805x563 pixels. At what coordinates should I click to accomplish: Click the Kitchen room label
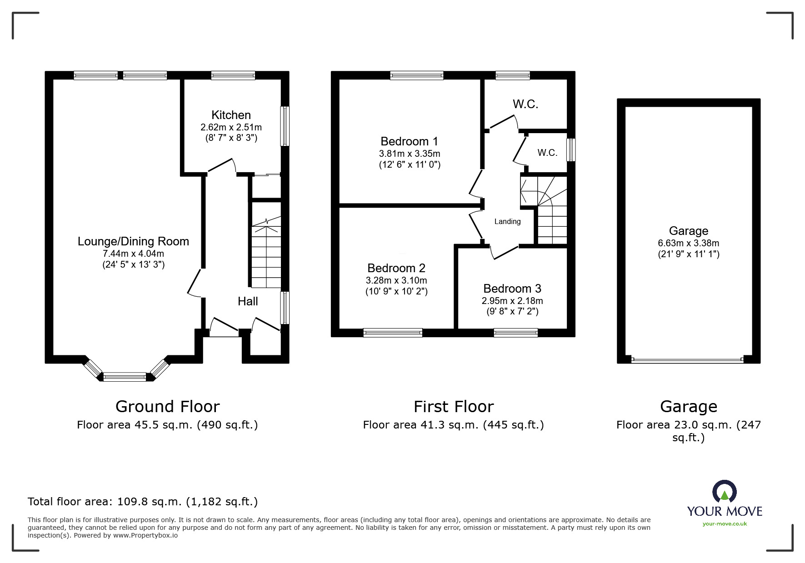coord(231,115)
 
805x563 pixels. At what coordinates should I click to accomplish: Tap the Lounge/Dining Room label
coord(133,241)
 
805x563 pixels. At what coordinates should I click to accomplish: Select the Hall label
coord(248,301)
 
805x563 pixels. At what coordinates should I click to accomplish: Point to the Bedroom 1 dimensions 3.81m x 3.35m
coord(410,154)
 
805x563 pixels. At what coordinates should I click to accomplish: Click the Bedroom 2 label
coord(396,268)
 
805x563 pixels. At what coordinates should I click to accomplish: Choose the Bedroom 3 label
coord(512,289)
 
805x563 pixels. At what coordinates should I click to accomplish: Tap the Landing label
coord(508,221)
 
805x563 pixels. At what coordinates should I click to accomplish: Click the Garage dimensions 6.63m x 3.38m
coord(689,243)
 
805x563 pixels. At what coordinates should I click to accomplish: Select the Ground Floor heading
coord(168,406)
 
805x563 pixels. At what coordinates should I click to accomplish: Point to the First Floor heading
coord(454,406)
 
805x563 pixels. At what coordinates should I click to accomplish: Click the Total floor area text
coord(143,502)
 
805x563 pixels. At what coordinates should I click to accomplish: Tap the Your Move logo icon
coord(724,492)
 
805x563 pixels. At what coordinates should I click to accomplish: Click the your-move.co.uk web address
coord(725,524)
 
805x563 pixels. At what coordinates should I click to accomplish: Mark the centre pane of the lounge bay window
coord(125,377)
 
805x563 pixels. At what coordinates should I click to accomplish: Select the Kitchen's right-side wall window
coord(285,126)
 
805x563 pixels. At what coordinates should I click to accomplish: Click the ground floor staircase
coord(266,252)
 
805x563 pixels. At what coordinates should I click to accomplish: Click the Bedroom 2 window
coord(393,333)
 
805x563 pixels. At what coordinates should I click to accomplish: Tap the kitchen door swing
coord(222,166)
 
